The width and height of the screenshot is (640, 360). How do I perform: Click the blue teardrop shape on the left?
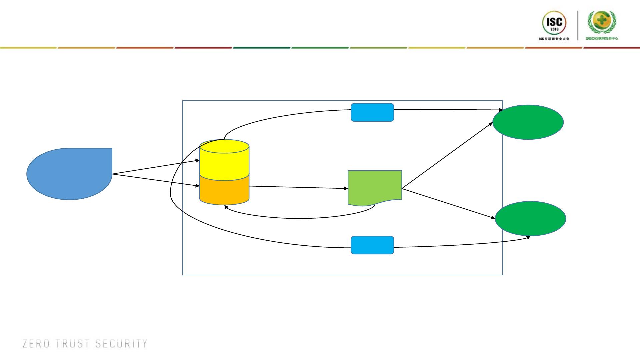point(69,174)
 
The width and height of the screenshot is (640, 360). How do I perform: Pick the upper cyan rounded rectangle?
point(372,112)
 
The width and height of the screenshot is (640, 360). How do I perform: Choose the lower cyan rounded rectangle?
point(372,245)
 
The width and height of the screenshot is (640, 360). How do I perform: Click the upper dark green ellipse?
point(528,122)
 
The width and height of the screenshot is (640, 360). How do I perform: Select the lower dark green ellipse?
point(530,218)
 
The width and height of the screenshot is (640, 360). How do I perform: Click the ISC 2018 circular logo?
point(554,23)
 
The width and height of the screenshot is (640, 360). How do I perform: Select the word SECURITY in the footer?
point(121,344)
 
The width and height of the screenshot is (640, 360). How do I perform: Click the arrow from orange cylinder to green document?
point(298,187)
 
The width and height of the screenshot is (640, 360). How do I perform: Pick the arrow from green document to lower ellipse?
point(448,204)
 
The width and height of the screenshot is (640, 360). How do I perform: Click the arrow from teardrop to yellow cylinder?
point(156,167)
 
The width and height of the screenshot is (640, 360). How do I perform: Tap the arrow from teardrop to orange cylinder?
point(156,180)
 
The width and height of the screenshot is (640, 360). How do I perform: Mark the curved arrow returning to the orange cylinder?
point(300,218)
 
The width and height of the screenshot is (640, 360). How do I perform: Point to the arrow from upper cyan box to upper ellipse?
point(448,109)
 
